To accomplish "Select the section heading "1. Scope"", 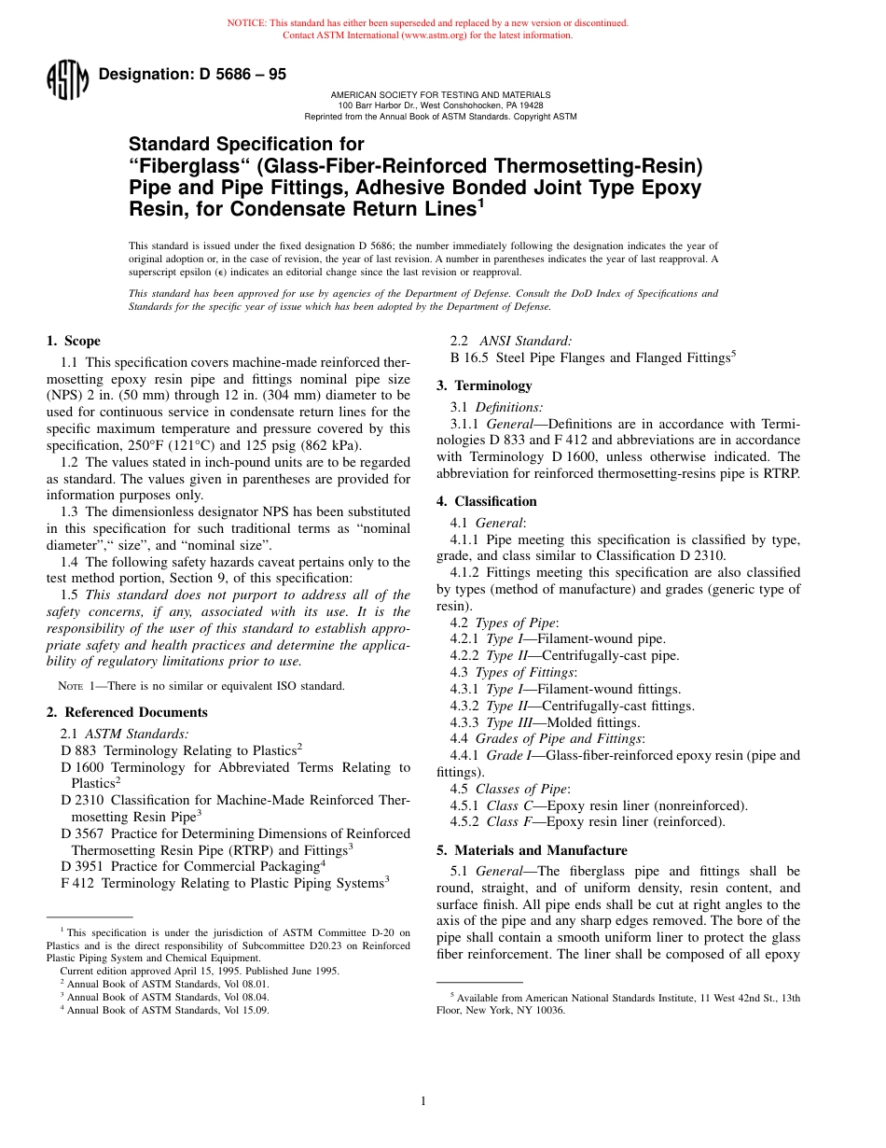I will click(74, 341).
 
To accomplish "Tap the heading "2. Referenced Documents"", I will click(127, 712).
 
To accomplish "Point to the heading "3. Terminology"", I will click(484, 385).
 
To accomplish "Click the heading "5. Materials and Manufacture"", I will click(532, 850).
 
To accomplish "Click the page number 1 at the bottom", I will click(422, 1101).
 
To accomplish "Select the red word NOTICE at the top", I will click(246, 22).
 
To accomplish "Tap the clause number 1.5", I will click(70, 595).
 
